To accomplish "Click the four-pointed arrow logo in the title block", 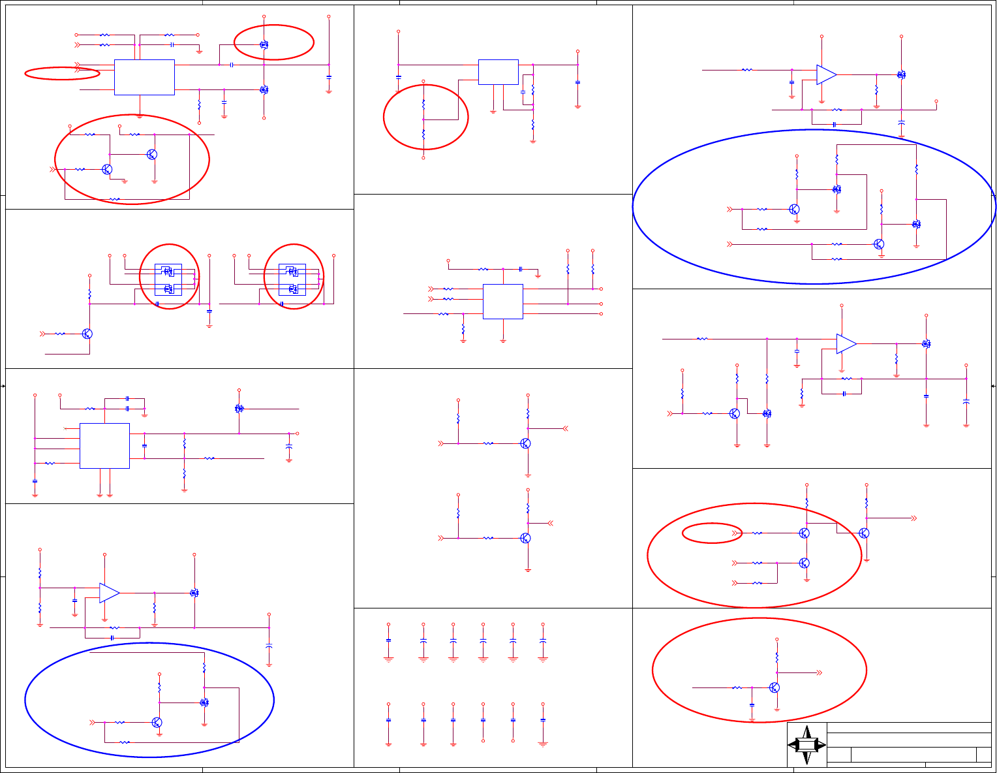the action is (x=806, y=745).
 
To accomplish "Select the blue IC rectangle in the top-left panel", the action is (x=144, y=77).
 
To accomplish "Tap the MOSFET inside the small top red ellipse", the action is (x=264, y=45).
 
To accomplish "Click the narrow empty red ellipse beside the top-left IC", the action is (x=62, y=73).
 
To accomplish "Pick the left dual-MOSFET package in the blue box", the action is (x=168, y=279).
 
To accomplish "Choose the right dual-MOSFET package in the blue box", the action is (x=292, y=279).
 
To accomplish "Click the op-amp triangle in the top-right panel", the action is (x=826, y=74).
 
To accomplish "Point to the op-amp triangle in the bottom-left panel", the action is (x=109, y=593).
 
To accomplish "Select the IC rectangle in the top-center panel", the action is (x=498, y=72).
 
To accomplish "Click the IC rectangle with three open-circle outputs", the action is (x=503, y=301).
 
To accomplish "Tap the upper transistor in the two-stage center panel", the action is (x=525, y=443).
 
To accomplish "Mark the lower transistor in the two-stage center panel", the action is (x=525, y=538).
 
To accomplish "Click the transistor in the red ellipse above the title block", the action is (x=775, y=687).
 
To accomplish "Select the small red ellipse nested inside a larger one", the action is (x=712, y=533).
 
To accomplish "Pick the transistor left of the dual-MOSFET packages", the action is (x=87, y=334).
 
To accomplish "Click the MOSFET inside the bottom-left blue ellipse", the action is (x=204, y=702).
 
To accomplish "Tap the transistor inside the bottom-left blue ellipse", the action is (x=157, y=722).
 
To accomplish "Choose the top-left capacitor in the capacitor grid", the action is (x=388, y=640).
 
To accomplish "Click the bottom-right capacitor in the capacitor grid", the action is (x=543, y=720).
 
